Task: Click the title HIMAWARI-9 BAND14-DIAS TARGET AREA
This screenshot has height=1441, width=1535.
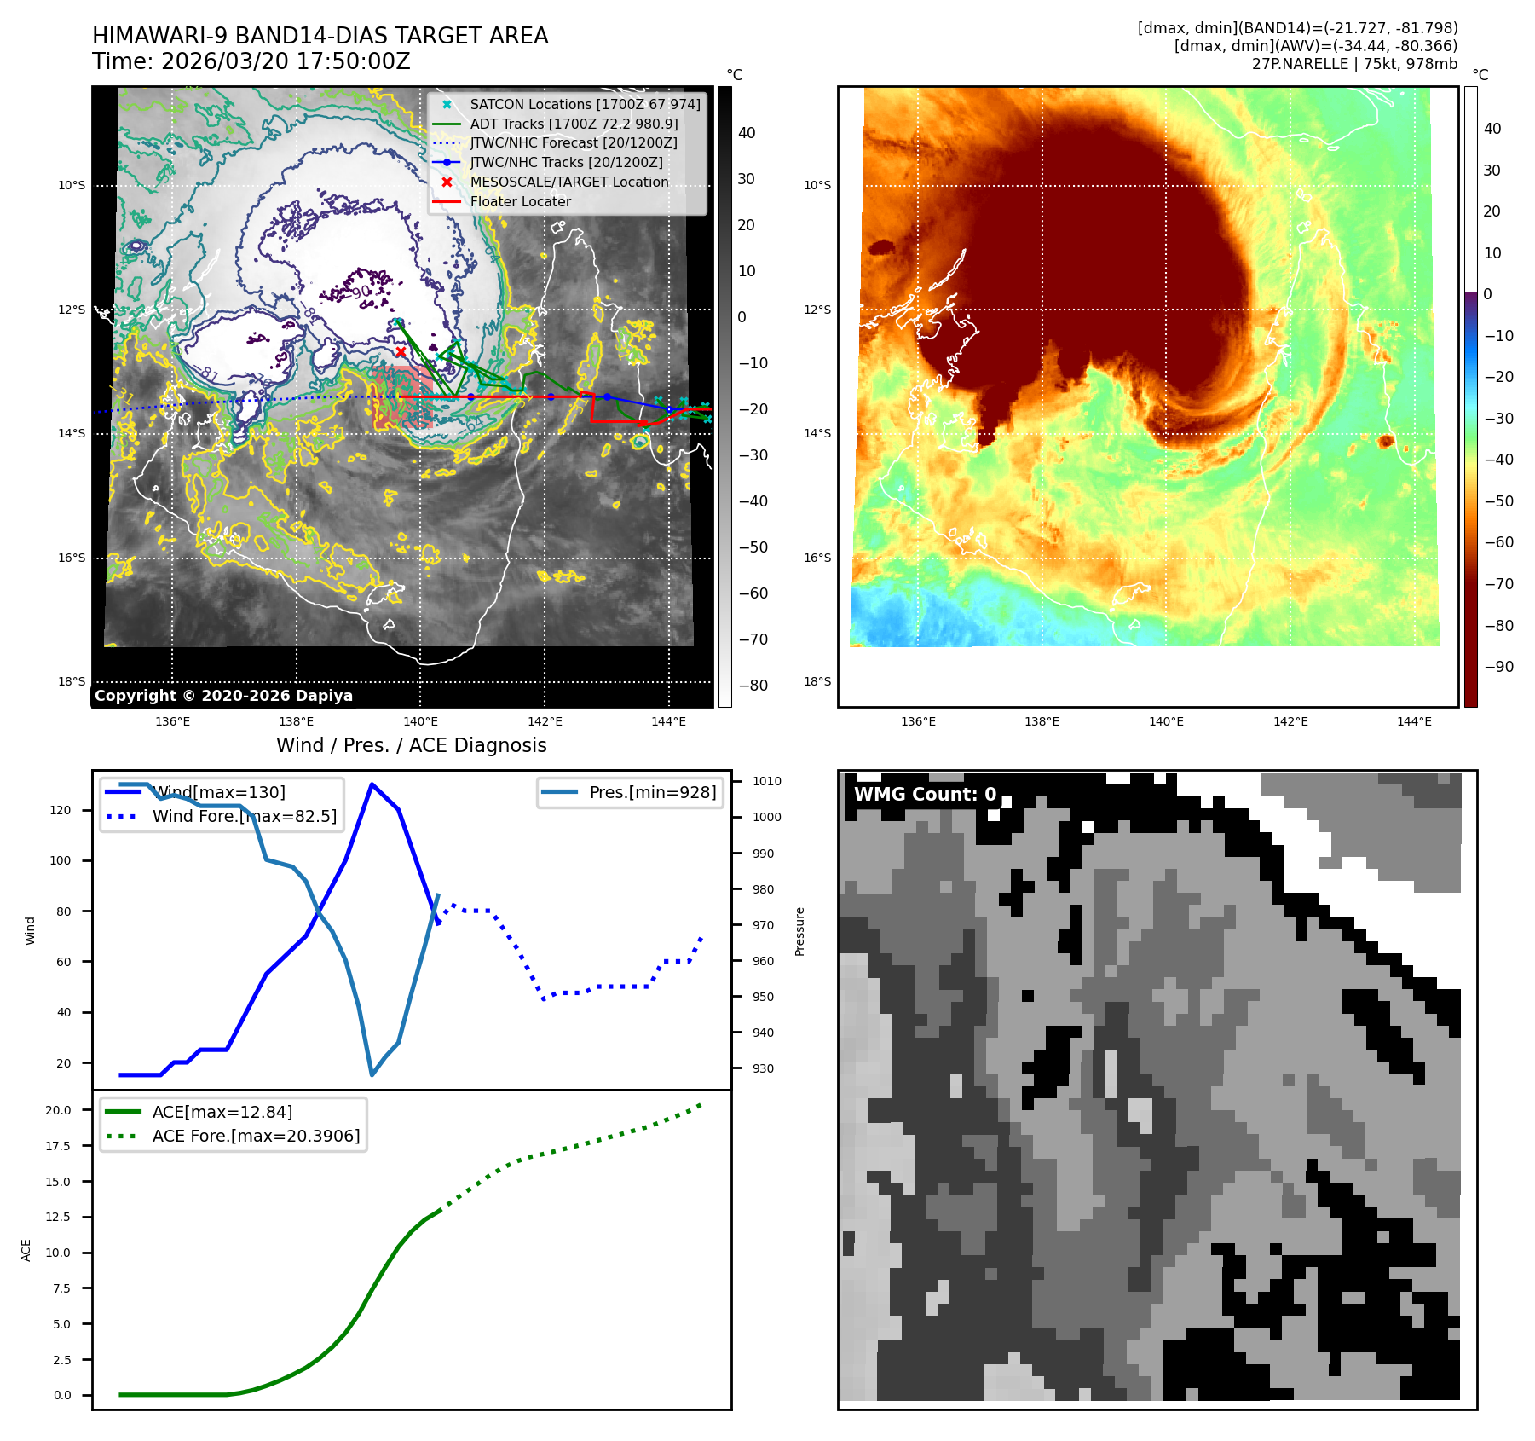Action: click(320, 36)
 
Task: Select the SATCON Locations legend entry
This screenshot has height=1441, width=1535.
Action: click(585, 104)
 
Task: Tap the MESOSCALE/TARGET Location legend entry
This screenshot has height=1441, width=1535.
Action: click(568, 182)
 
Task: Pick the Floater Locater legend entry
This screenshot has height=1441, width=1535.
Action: click(520, 201)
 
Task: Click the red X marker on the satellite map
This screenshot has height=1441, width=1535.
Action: click(401, 351)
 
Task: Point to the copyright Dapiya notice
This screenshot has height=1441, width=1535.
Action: click(223, 696)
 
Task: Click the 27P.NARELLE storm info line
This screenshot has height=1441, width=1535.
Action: click(1354, 64)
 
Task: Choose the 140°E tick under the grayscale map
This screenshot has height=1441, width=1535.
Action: click(421, 721)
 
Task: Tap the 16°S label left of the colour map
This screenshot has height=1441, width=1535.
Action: click(817, 558)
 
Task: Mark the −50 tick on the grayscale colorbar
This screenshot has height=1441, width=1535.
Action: click(753, 547)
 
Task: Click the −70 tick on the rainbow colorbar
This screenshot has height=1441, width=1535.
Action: click(1498, 584)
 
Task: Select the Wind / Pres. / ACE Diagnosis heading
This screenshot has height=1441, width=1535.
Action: click(411, 745)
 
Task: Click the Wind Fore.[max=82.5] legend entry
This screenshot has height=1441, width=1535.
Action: click(244, 816)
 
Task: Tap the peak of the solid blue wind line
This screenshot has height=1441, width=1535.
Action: click(372, 784)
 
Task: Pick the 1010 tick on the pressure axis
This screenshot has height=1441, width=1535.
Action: click(766, 781)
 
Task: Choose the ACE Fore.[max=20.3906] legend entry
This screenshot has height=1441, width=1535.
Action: click(256, 1136)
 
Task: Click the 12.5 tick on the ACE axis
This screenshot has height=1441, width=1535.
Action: click(58, 1217)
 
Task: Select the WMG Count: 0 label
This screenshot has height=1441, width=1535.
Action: click(925, 795)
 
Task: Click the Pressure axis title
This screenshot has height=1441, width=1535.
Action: click(799, 931)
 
